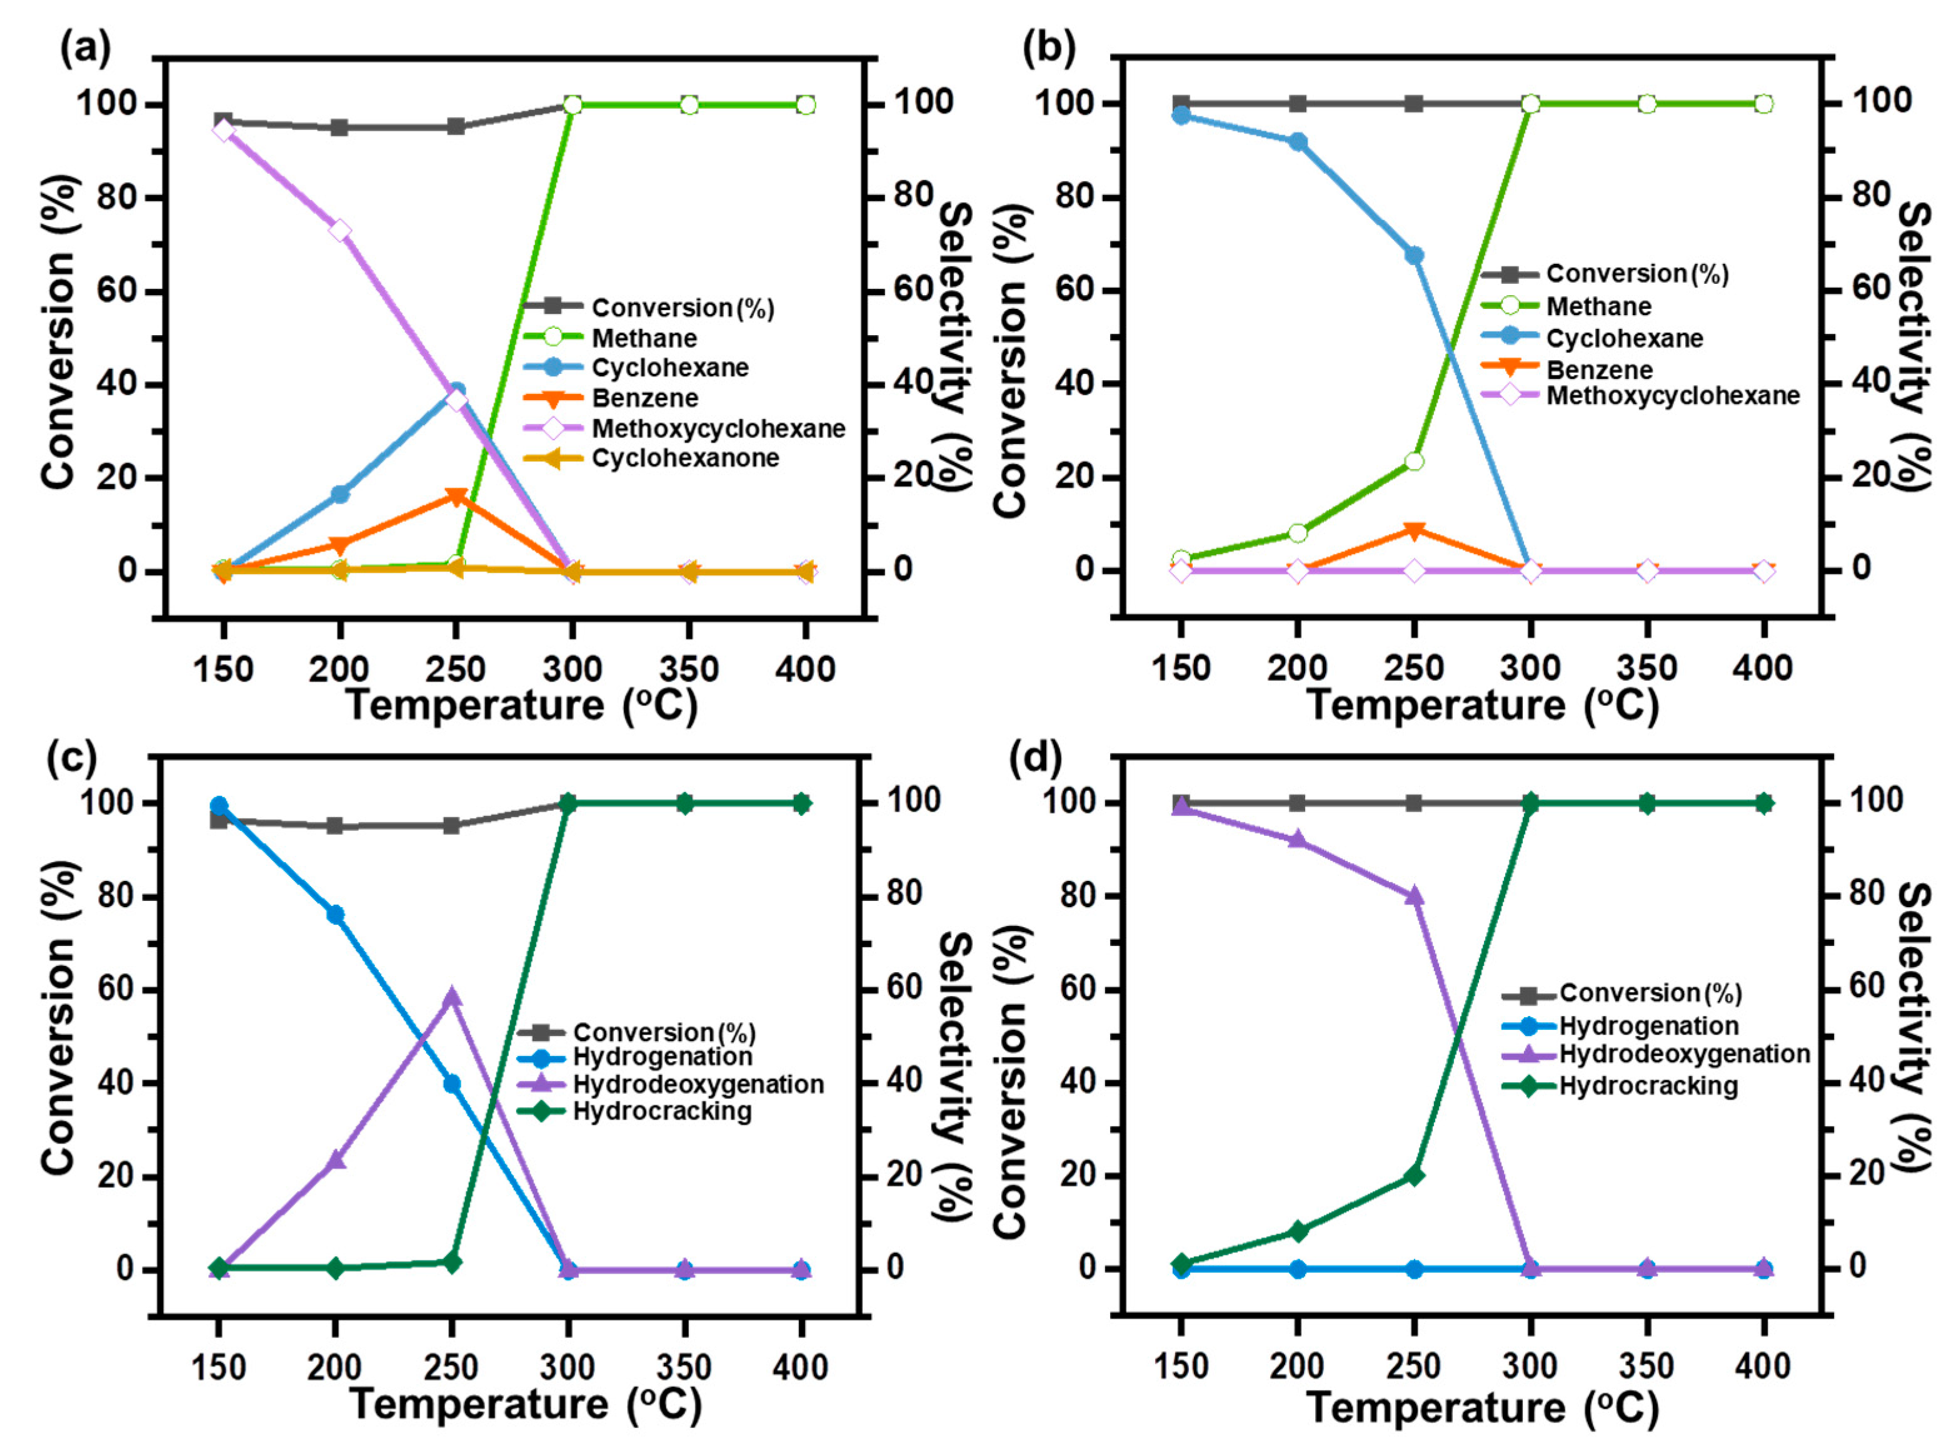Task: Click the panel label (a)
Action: pyautogui.click(x=85, y=49)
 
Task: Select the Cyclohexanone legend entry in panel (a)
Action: pyautogui.click(x=685, y=458)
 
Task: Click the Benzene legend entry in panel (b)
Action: pyautogui.click(x=1599, y=370)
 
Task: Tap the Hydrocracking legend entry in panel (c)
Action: pyautogui.click(x=661, y=1112)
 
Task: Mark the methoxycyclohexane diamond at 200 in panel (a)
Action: pyautogui.click(x=339, y=231)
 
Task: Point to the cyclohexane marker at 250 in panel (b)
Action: pyautogui.click(x=1414, y=255)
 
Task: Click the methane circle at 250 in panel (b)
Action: pyautogui.click(x=1414, y=461)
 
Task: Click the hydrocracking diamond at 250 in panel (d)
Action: pyautogui.click(x=1414, y=1175)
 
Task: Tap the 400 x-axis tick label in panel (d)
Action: pyautogui.click(x=1762, y=1367)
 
